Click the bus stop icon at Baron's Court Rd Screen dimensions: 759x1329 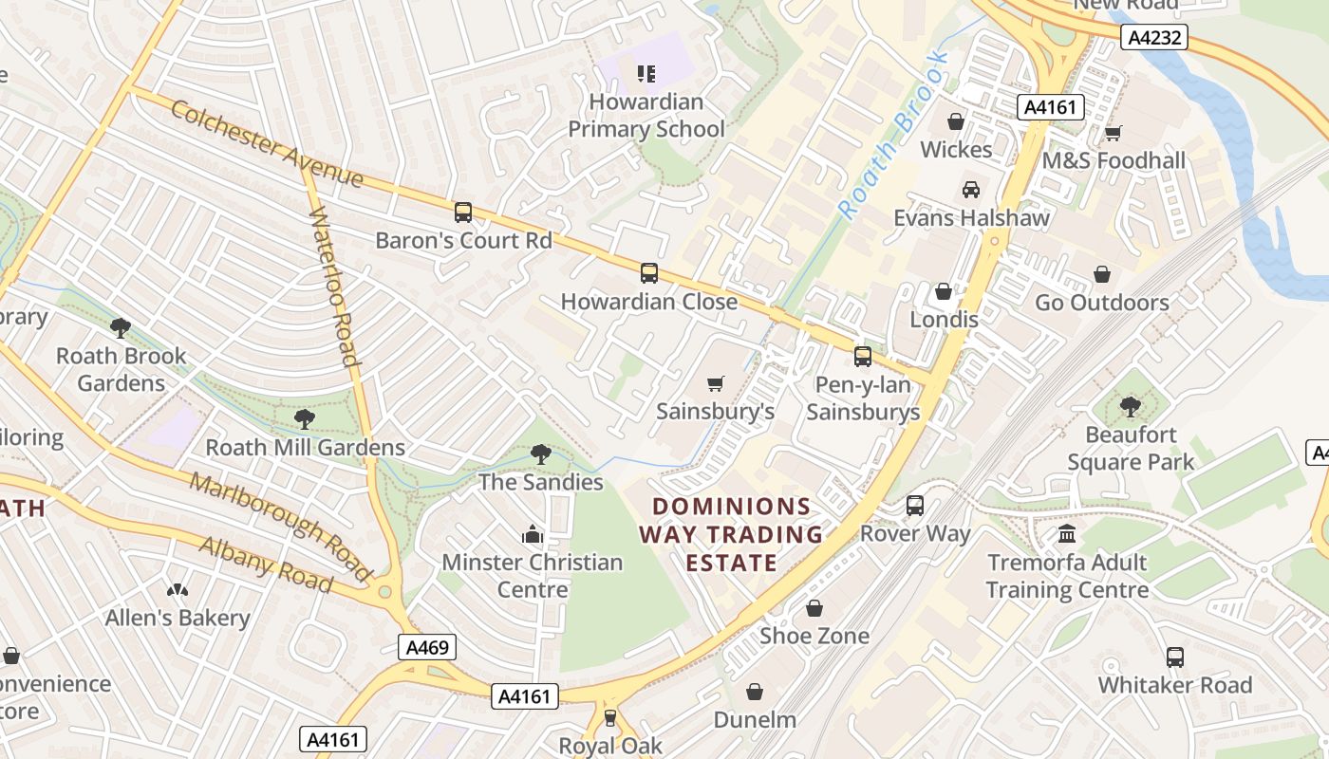(x=463, y=213)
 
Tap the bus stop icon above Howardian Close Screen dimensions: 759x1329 (x=649, y=273)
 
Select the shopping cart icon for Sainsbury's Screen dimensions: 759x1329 (x=716, y=383)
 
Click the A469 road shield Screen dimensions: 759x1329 (x=427, y=648)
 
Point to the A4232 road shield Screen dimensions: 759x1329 (x=1153, y=37)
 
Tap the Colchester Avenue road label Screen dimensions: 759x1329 (x=267, y=144)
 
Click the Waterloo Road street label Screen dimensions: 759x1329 (x=334, y=286)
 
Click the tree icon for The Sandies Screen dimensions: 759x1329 (x=541, y=454)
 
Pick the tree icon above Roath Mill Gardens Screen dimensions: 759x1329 (x=305, y=419)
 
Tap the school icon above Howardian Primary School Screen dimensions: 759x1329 (x=646, y=74)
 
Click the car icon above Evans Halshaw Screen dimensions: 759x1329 (x=971, y=190)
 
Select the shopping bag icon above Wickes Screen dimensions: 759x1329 (x=956, y=122)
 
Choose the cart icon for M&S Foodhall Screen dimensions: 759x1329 (x=1113, y=133)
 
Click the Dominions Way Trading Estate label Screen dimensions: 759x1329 (x=730, y=534)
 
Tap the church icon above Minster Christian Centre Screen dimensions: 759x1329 (x=533, y=534)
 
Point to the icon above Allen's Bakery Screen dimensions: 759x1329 (x=178, y=590)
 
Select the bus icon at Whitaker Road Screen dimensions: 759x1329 (x=1175, y=657)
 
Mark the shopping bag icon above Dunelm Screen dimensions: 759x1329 (x=755, y=692)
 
